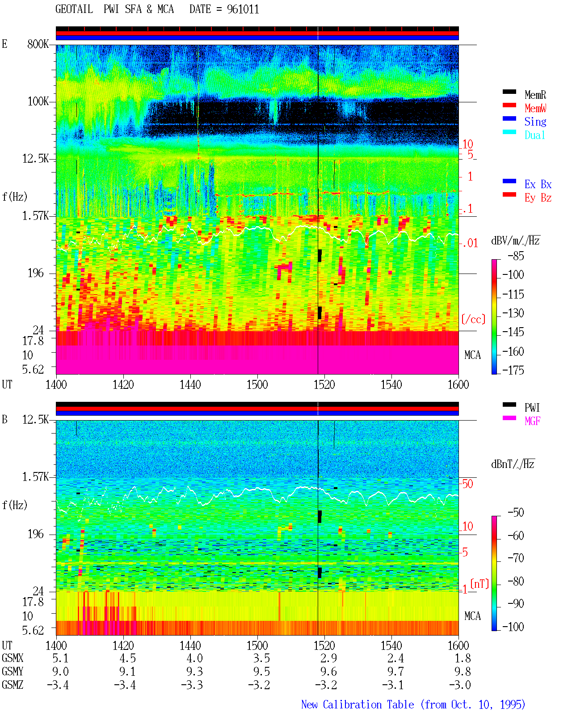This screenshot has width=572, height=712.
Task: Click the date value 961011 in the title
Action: pos(243,9)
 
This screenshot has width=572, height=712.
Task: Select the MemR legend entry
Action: pos(535,95)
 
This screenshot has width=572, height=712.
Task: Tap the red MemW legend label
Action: pos(535,108)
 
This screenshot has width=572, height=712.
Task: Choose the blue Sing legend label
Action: pos(535,122)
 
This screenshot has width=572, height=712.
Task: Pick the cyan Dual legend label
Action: pos(534,135)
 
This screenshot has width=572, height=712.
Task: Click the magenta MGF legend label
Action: pos(532,421)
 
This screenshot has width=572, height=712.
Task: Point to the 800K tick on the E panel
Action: pos(38,44)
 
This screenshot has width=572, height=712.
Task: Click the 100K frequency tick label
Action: pos(38,101)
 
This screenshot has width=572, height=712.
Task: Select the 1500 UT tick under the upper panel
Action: pos(257,384)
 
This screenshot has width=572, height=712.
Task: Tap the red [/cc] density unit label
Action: pos(473,319)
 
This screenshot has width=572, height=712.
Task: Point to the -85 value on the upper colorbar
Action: pos(516,256)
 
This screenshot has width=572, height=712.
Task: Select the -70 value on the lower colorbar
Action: pos(516,558)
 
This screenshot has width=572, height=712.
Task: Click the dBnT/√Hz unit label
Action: pos(513,464)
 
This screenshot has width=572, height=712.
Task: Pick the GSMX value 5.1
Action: pos(60,658)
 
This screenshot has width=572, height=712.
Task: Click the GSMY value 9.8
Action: pos(463,671)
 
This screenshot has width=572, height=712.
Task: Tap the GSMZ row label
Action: pos(13,685)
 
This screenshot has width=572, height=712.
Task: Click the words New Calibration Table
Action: pos(357,704)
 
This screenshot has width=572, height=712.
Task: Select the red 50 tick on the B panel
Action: pos(467,484)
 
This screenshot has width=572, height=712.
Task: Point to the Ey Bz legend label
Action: pos(538,198)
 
